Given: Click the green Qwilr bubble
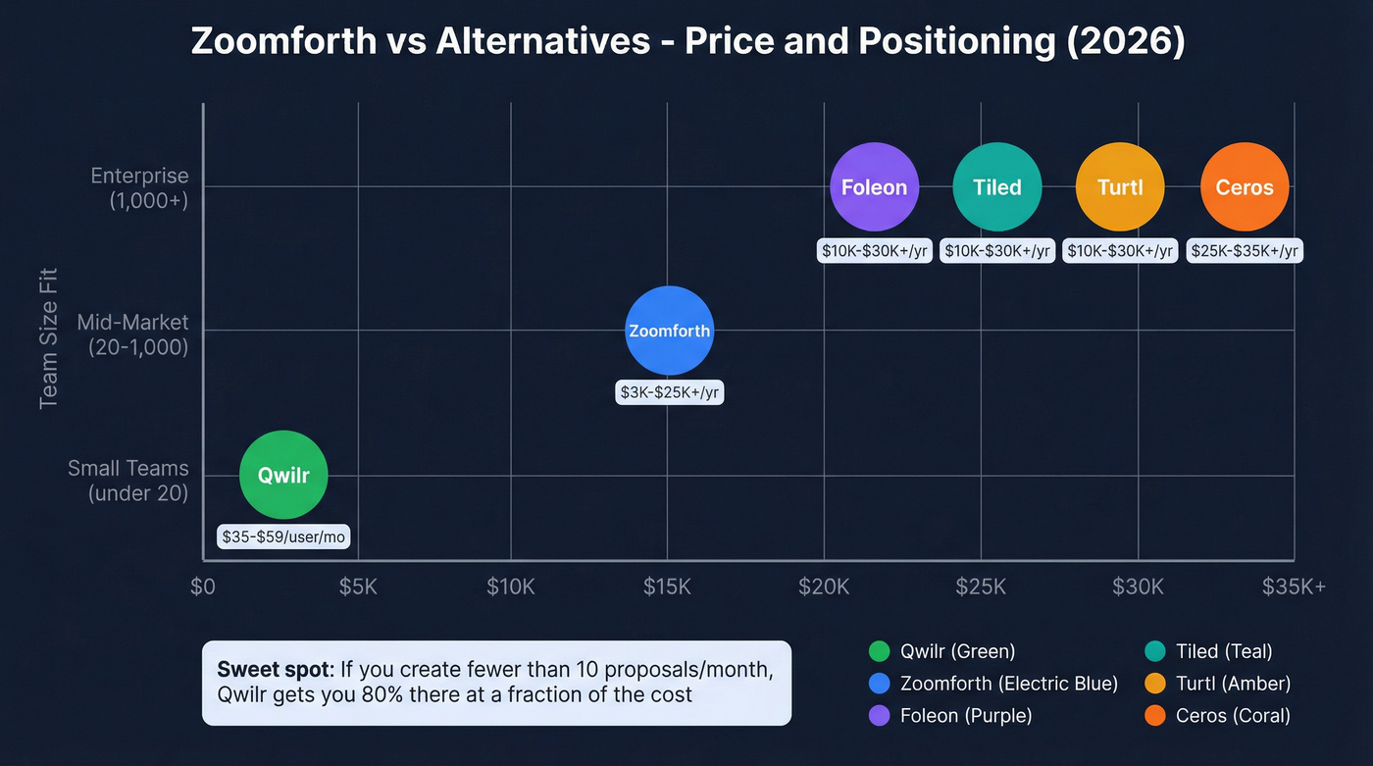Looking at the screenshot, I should pyautogui.click(x=283, y=476).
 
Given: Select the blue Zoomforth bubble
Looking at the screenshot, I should pyautogui.click(x=669, y=331).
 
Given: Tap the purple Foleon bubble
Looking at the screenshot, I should pyautogui.click(x=874, y=186).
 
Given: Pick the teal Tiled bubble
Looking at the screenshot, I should pyautogui.click(x=997, y=186).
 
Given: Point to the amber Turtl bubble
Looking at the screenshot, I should pyautogui.click(x=1120, y=186).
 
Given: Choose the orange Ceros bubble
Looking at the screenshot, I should pyautogui.click(x=1245, y=186).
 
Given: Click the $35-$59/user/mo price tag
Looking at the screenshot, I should pyautogui.click(x=283, y=537).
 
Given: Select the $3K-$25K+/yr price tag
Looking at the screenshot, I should pyautogui.click(x=669, y=392).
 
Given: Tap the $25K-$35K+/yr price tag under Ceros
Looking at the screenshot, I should pyautogui.click(x=1245, y=251).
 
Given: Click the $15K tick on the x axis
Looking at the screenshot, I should pyautogui.click(x=667, y=587).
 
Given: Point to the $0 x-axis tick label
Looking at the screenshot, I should pyautogui.click(x=202, y=587).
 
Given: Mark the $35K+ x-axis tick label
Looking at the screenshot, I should pyautogui.click(x=1294, y=587).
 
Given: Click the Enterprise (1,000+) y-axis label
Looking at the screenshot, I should pyautogui.click(x=138, y=186).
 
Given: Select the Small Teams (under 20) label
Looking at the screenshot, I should pyautogui.click(x=127, y=481).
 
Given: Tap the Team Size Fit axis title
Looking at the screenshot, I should pyautogui.click(x=49, y=337).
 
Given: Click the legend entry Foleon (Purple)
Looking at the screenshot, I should pyautogui.click(x=965, y=716).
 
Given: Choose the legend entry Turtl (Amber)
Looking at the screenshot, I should pyautogui.click(x=1232, y=684).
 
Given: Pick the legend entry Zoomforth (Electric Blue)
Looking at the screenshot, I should pyautogui.click(x=1008, y=684).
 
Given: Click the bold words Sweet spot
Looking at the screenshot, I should pyautogui.click(x=275, y=671).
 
